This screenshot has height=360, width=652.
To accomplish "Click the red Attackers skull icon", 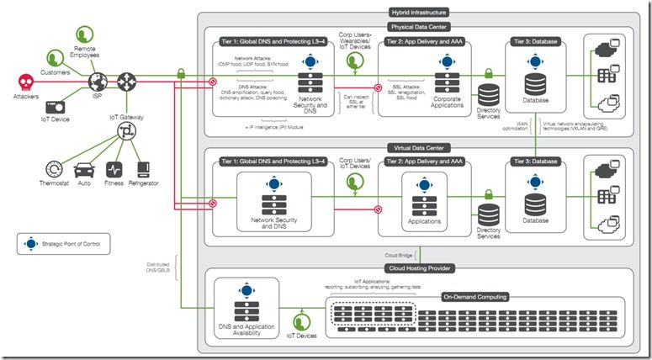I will point(26,82).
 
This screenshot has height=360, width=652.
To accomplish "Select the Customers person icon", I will point(56,58).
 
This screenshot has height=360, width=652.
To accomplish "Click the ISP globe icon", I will point(98,82).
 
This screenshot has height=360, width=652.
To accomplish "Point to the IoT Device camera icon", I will point(56,107).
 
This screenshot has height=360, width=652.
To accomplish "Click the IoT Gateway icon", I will point(126,132).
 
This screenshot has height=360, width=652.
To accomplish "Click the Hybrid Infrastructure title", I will point(419,13).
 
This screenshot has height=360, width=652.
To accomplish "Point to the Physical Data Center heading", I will point(419,25).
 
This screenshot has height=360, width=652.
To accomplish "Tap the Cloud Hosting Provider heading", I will point(419,267).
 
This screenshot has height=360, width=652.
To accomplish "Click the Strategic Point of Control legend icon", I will point(31,245).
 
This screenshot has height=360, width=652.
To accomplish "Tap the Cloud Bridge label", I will point(399,254).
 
